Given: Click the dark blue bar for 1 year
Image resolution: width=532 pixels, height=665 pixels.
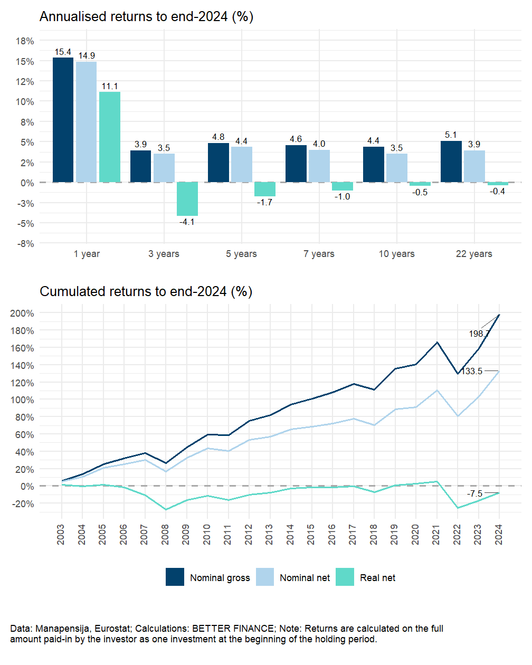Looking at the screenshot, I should (x=63, y=120).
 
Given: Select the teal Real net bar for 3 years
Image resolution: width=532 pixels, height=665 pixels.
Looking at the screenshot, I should (x=187, y=199).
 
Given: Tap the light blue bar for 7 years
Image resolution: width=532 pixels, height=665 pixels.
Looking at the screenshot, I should (x=319, y=166).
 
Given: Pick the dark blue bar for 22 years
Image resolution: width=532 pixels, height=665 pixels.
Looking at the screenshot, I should (x=451, y=161).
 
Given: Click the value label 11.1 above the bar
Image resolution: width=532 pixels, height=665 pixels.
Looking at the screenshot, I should (x=110, y=87).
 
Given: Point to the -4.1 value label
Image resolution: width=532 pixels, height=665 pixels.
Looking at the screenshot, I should (x=187, y=222).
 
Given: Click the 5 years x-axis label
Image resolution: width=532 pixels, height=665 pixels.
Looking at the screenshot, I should (x=241, y=254).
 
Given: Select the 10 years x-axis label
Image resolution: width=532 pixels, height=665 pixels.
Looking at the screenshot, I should (x=396, y=254).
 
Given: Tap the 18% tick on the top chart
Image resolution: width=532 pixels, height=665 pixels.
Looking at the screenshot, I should (x=25, y=41).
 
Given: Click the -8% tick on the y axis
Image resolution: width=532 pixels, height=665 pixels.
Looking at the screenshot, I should (x=25, y=244).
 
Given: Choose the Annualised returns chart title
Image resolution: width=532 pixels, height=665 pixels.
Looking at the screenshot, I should (x=146, y=17).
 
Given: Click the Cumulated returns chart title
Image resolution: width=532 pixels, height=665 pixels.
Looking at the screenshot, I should (x=146, y=291).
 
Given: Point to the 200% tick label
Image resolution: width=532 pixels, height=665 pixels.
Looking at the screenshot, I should (x=22, y=313).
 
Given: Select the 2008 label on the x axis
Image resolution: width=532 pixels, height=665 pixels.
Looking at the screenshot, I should (x=165, y=534).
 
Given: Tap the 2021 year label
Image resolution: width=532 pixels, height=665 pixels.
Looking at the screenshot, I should (x=436, y=534).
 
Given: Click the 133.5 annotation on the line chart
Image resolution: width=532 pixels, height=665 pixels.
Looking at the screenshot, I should (x=472, y=372).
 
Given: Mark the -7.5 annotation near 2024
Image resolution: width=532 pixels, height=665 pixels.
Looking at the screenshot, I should (x=474, y=494).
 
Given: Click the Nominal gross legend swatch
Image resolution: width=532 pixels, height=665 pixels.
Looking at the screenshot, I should (x=175, y=577).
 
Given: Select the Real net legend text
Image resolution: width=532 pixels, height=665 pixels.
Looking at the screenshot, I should (x=377, y=578).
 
